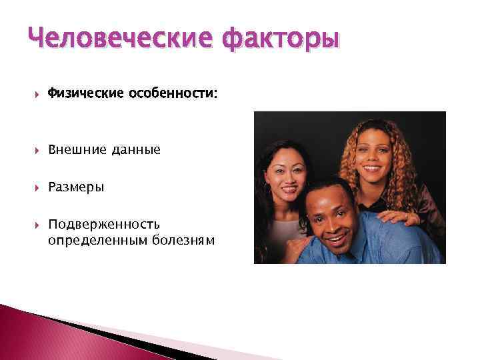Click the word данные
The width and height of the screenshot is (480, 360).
pyautogui.click(x=135, y=150)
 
